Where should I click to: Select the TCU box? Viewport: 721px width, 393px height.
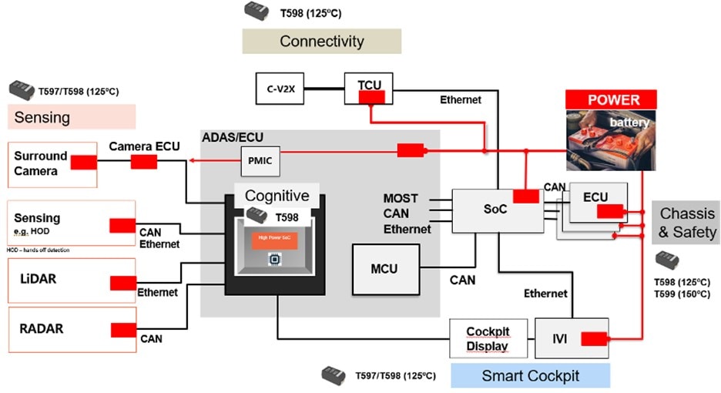(370, 89)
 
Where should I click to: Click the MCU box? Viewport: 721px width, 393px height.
(385, 269)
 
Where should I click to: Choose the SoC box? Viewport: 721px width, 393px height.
(495, 210)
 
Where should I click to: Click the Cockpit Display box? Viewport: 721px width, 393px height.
(488, 338)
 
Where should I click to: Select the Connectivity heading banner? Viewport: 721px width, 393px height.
(321, 41)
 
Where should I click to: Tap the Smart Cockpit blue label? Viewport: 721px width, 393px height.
(530, 376)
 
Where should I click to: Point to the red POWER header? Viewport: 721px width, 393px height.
(613, 99)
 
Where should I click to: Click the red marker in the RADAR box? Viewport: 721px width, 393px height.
(123, 330)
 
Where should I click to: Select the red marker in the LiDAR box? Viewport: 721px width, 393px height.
(123, 283)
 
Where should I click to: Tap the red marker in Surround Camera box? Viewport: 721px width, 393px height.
(84, 163)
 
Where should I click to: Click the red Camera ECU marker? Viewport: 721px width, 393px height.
(143, 162)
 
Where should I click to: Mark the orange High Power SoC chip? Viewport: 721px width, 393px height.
(275, 240)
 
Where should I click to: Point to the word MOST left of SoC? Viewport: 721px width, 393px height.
(401, 199)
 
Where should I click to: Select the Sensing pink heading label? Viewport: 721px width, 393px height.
(72, 117)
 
